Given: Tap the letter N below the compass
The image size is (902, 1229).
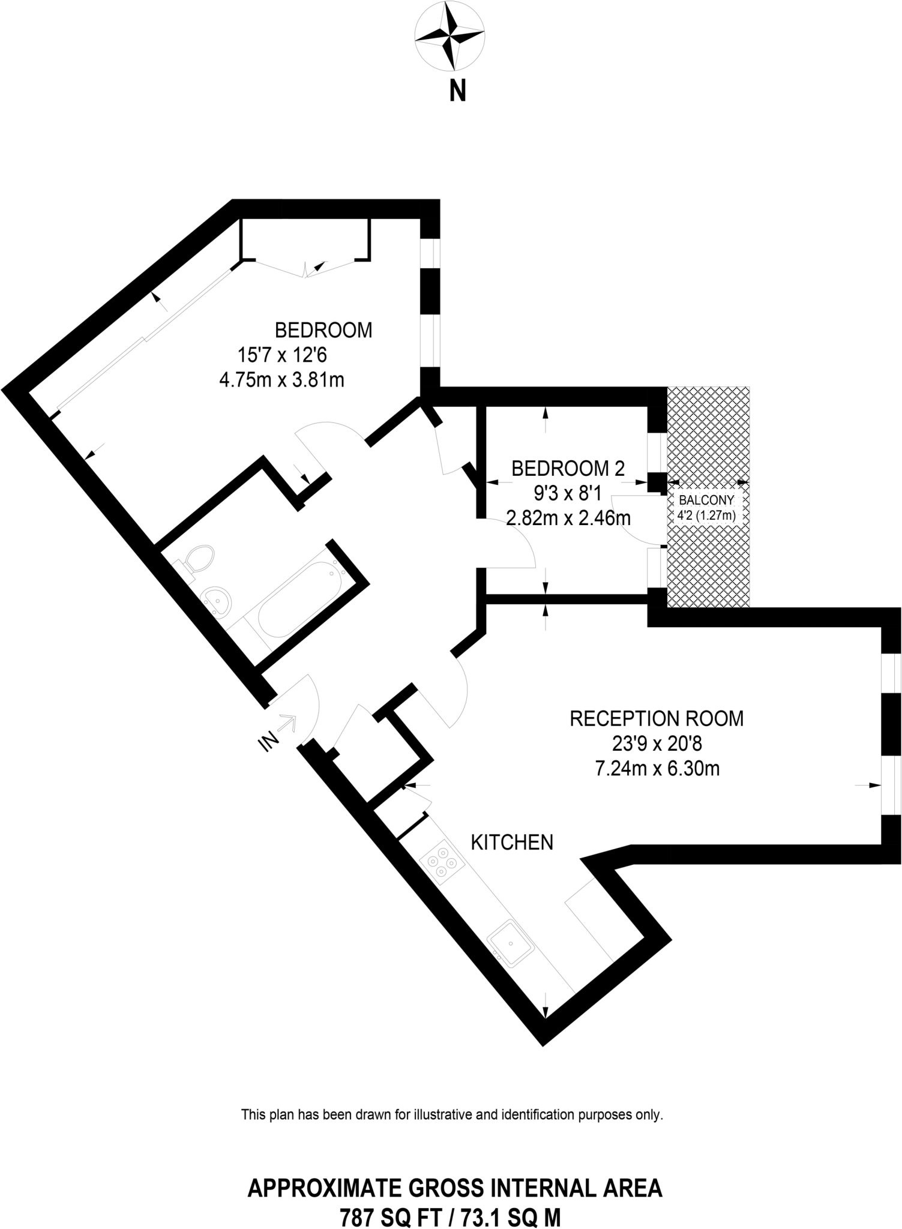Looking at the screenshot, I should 457,92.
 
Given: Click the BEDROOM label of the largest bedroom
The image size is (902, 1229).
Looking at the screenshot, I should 323,330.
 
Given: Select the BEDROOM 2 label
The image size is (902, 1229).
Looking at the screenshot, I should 567,468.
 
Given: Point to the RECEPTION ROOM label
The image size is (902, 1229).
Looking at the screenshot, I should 656,718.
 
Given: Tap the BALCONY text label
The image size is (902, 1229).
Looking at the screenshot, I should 706,500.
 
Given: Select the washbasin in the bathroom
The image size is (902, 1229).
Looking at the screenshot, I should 217,600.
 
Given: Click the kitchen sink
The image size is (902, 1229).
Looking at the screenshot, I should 510,943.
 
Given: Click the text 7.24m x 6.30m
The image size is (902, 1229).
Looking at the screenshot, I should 656,769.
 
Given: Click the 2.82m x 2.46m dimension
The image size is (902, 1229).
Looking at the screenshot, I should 568,517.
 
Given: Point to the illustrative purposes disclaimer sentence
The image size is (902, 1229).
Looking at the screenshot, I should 451,1115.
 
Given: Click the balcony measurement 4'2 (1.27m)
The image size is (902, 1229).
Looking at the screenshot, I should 706,515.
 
